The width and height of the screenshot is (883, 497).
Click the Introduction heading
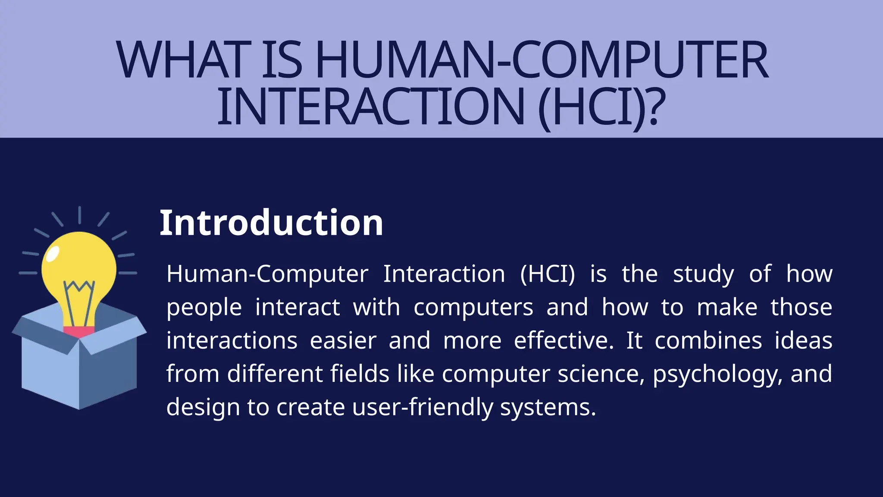(271, 223)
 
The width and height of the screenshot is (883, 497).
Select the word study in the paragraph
(703, 274)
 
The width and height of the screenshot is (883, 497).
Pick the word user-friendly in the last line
(423, 407)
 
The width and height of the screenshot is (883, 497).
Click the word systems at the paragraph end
(548, 407)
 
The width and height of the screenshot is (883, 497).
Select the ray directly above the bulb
(80, 215)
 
